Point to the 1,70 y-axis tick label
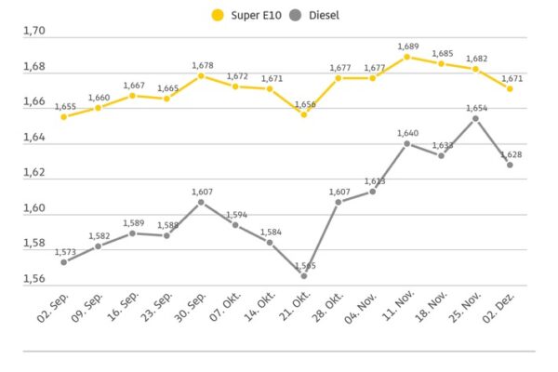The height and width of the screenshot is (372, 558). coord(33,32)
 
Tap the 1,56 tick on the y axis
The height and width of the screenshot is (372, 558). coord(33,278)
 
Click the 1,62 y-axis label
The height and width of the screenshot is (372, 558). coord(33,173)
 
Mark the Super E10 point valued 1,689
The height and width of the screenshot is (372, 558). coord(406,57)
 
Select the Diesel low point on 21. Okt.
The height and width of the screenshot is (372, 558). coord(303,275)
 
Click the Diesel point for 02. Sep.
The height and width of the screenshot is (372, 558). coord(63,262)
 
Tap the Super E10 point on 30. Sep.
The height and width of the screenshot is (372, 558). coord(201,75)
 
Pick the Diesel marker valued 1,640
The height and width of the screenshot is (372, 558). coord(406,143)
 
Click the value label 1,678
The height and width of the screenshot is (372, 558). coord(202,65)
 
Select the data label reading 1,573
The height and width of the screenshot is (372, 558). coord(63,252)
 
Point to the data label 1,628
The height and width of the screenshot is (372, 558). coord(510,154)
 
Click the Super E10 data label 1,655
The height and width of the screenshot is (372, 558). coord(63,106)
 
